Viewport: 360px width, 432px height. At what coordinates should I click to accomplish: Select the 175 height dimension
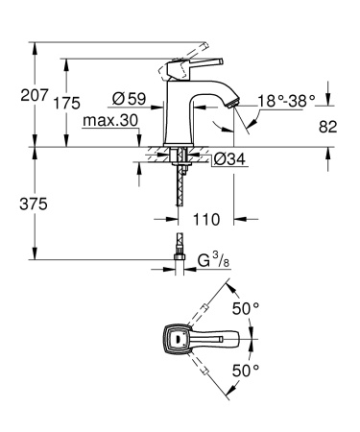(65, 104)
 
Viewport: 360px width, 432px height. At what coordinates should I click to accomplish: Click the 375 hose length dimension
(17, 204)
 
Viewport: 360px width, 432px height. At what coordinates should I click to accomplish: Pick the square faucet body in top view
(174, 338)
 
